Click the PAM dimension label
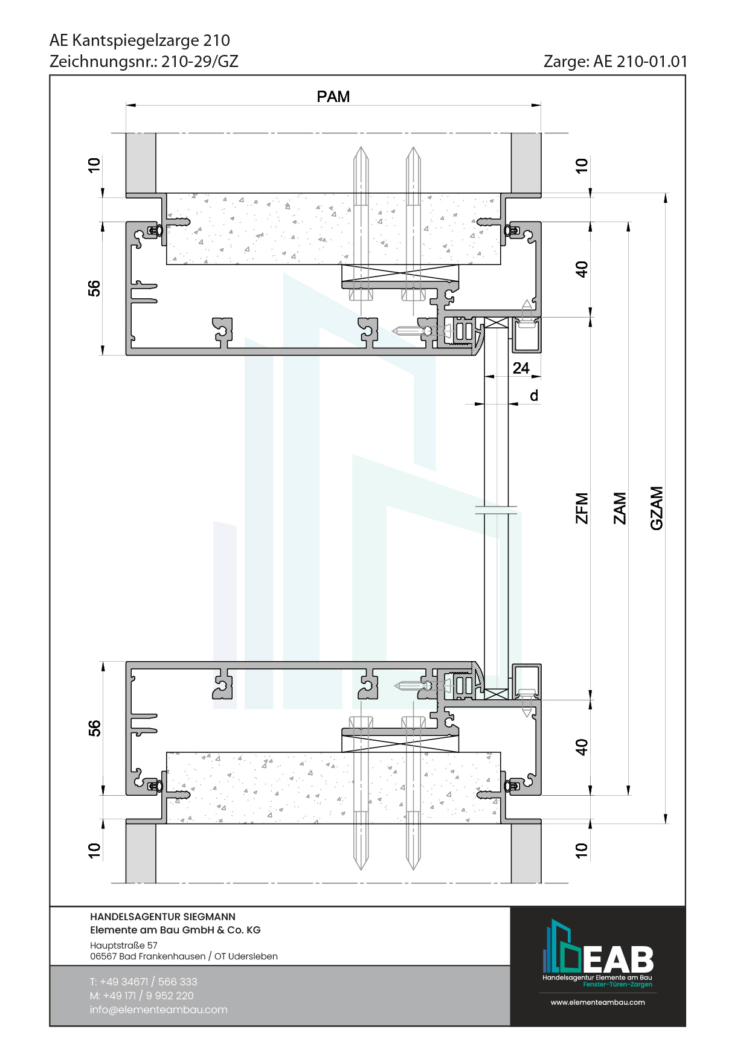point(333,97)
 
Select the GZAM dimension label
point(657,508)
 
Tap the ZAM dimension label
point(620,508)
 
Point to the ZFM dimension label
point(582,508)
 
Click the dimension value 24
point(521,368)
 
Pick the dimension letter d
point(534,395)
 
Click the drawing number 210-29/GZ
point(200,62)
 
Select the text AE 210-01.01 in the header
point(641,62)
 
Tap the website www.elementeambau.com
point(598,1002)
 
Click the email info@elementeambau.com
point(159,1009)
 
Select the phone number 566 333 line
point(144,982)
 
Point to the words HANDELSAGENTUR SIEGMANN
point(163,917)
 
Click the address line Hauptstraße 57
point(124,945)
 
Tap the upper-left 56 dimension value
point(94,289)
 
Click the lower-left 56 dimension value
point(94,728)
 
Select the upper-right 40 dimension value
point(582,269)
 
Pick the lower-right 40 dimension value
point(582,747)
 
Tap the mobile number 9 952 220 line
point(142,996)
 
